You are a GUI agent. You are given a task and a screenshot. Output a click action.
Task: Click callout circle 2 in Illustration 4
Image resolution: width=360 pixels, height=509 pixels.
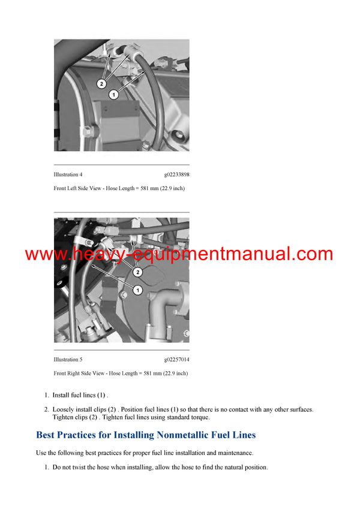click(101, 84)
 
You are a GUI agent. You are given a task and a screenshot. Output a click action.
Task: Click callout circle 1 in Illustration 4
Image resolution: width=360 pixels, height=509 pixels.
click(113, 95)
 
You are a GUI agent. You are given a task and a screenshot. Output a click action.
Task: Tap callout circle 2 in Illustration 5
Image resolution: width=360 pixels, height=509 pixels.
click(138, 272)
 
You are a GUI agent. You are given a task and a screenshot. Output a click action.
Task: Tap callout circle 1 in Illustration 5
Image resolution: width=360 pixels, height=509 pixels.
click(137, 290)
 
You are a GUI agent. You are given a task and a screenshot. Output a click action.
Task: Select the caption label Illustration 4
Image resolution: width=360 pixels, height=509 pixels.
click(68, 174)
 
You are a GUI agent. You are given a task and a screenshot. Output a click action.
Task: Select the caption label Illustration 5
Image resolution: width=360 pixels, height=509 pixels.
click(68, 360)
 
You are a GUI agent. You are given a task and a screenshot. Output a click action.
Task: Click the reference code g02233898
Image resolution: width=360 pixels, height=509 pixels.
click(176, 174)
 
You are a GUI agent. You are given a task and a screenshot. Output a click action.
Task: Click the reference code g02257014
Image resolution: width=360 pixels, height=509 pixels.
click(176, 360)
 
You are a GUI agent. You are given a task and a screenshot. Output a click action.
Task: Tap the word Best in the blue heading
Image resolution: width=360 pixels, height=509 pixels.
click(47, 435)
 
